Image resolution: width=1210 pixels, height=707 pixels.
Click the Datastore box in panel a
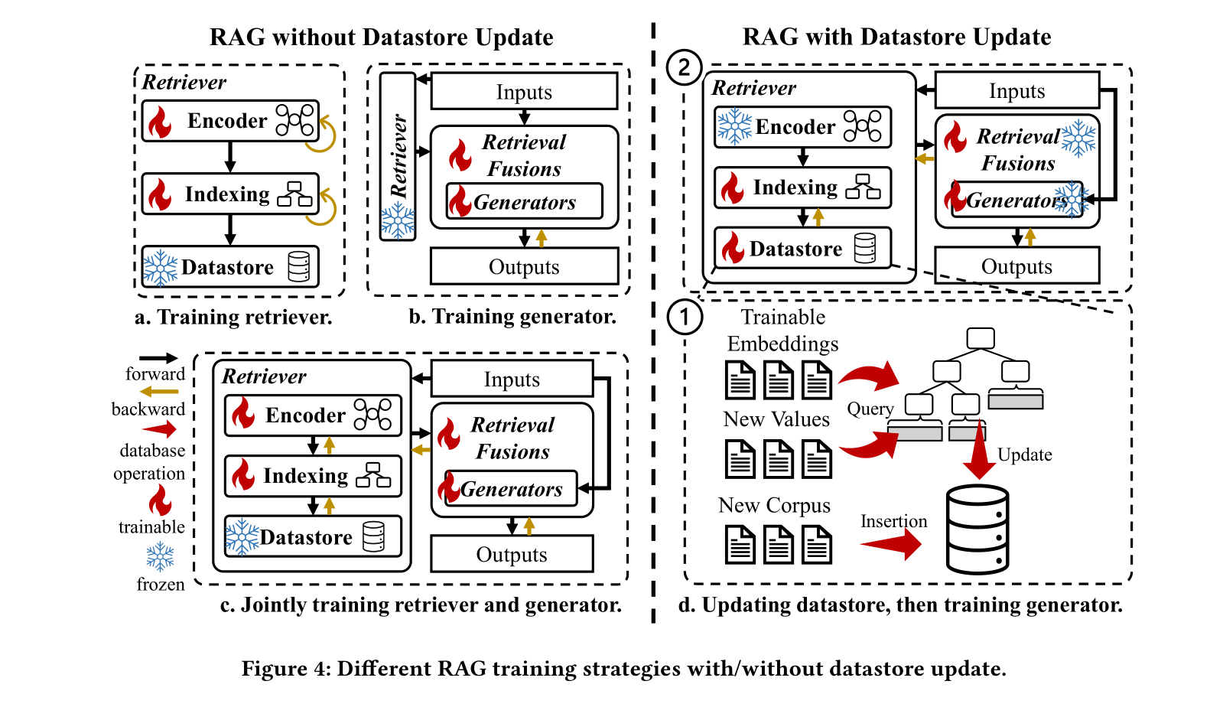[x=229, y=267]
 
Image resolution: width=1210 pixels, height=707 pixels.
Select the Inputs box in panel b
[x=524, y=92]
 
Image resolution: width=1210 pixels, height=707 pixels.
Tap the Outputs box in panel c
[x=512, y=554]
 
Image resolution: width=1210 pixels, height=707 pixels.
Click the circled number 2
[x=684, y=67]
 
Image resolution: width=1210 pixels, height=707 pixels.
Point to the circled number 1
[x=685, y=317]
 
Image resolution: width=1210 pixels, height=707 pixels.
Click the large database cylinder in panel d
[x=977, y=529]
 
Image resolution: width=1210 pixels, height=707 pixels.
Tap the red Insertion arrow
[x=892, y=544]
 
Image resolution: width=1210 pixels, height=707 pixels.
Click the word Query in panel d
[x=870, y=409]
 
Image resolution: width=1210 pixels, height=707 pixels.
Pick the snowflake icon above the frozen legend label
[x=160, y=557]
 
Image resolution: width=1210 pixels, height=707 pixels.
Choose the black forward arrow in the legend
[x=158, y=358]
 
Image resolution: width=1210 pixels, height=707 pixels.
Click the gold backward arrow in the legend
[x=158, y=392]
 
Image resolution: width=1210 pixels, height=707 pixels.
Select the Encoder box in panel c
[x=313, y=415]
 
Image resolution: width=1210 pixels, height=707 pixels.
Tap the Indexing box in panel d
[x=802, y=187]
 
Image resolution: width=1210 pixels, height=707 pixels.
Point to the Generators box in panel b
[x=524, y=202]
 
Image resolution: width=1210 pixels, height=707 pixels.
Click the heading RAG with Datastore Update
[x=896, y=37]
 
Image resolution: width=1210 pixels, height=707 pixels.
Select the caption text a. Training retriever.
[x=233, y=317]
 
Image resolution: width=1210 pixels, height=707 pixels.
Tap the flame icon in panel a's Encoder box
[x=160, y=122]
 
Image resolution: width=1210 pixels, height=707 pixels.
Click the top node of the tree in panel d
[x=980, y=337]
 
